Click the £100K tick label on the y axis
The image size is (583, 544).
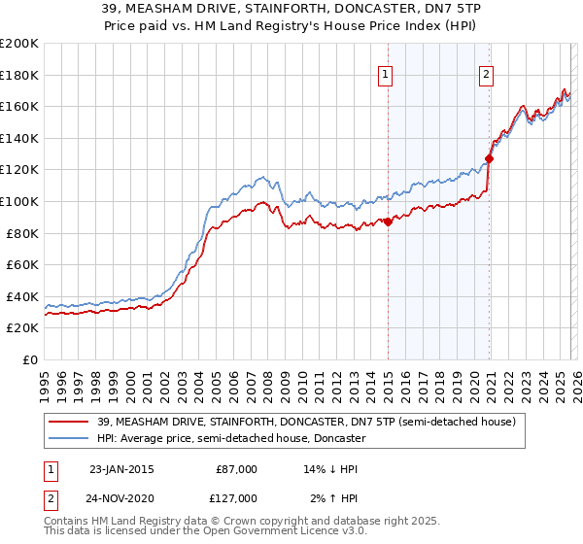point(19,201)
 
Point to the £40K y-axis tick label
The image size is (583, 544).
point(22,296)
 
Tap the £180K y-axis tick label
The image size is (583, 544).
point(19,74)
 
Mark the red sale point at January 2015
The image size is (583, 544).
point(388,221)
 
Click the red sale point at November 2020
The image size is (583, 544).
point(489,158)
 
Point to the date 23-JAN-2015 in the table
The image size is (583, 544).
point(120,469)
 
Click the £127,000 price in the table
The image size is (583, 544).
point(237,498)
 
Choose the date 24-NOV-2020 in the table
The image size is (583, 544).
point(121,498)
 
